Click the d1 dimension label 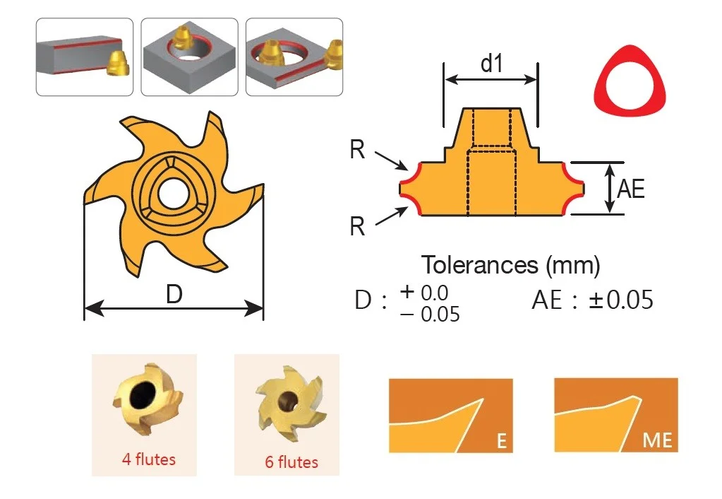(x=491, y=64)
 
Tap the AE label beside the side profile (x=630, y=189)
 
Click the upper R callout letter (x=357, y=150)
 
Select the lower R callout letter (x=357, y=226)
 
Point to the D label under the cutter (x=174, y=294)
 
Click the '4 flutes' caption (x=149, y=459)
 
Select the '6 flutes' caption (x=291, y=462)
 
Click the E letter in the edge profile (x=501, y=441)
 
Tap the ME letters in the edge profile (x=658, y=440)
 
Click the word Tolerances (x=480, y=265)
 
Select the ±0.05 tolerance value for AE (x=621, y=300)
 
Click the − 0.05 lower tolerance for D (x=430, y=315)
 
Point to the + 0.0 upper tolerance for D (x=424, y=293)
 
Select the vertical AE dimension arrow (x=610, y=189)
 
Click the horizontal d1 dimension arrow (x=491, y=79)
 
